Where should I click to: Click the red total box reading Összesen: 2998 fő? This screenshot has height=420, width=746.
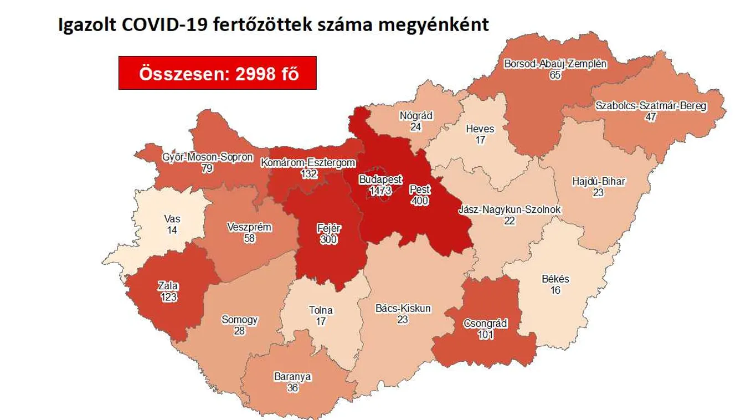(x=218, y=73)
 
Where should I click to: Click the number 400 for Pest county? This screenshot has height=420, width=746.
(x=420, y=201)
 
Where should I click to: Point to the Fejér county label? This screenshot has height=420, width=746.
(x=328, y=228)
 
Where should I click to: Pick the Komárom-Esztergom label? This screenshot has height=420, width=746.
(x=308, y=163)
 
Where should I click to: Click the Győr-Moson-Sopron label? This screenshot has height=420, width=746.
(x=207, y=157)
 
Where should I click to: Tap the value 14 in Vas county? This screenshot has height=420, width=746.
(x=172, y=230)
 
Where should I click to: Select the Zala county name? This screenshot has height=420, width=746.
(x=168, y=286)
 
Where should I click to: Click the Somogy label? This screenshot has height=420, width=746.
(x=239, y=320)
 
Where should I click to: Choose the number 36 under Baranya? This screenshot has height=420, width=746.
(x=292, y=388)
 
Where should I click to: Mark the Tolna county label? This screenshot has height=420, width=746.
(x=321, y=310)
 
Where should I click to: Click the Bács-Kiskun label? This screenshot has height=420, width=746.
(x=403, y=309)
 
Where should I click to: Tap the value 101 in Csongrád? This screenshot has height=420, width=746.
(x=485, y=335)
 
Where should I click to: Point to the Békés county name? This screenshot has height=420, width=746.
(x=555, y=279)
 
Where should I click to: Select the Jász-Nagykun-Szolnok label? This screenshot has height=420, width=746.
(x=510, y=210)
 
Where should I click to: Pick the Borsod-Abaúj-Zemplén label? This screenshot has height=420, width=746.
(x=555, y=64)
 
